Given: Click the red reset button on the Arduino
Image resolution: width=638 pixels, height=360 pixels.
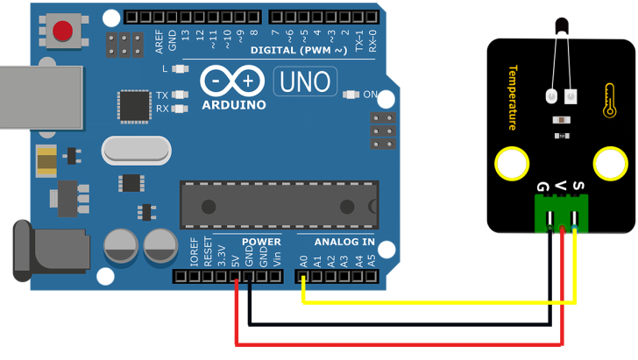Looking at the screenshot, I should (x=62, y=32).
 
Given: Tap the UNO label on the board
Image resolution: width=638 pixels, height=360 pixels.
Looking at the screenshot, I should (x=305, y=81).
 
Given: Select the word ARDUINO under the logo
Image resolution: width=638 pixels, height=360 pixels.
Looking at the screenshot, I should (x=234, y=104).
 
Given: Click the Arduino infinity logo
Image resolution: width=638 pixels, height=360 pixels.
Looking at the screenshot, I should (x=233, y=81).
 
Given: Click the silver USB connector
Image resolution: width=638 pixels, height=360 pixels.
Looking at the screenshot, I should (x=39, y=97).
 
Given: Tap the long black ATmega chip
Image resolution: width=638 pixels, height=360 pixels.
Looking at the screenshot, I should (x=279, y=205).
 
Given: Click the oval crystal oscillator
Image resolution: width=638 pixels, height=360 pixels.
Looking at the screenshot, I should (x=136, y=151).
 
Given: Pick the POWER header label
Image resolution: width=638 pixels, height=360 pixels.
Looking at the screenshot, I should (x=261, y=242).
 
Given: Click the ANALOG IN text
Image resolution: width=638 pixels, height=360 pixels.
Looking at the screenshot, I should (x=344, y=242).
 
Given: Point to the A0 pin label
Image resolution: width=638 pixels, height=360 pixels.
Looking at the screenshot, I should (x=303, y=260).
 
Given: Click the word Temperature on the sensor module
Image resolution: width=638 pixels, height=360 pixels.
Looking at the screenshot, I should (x=513, y=97).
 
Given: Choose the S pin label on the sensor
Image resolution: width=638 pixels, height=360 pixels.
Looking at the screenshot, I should (x=577, y=186).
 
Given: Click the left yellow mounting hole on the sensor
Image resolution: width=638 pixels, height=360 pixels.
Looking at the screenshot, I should (x=511, y=164).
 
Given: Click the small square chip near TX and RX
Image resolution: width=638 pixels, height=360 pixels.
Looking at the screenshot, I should (x=135, y=106).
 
